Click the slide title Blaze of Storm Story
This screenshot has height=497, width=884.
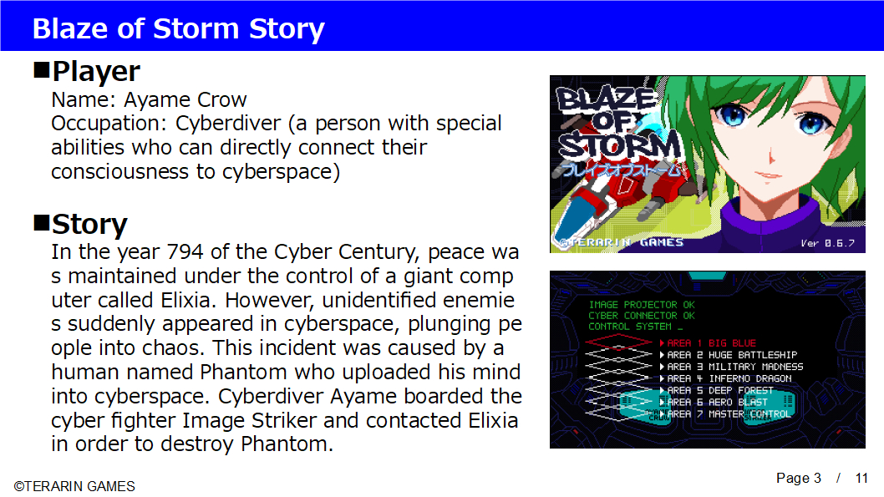(178, 28)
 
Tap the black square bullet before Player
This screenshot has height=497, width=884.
(41, 70)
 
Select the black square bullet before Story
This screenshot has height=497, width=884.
(41, 223)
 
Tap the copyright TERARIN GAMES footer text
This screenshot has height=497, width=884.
(74, 486)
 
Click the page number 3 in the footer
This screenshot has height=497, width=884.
(817, 478)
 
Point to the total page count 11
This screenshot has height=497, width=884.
(861, 478)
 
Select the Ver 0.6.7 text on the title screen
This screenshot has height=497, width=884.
(828, 243)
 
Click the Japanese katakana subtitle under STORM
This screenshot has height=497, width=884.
(620, 169)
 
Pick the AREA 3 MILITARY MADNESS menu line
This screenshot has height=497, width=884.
(731, 366)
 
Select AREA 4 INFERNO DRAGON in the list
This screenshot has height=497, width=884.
(725, 378)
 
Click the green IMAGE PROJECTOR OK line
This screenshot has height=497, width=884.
(642, 304)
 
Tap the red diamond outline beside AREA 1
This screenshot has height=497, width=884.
(618, 336)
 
